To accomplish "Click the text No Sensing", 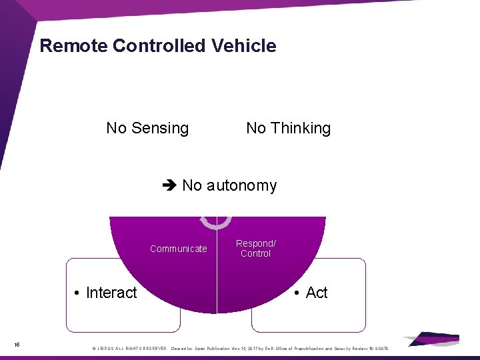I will (x=147, y=128).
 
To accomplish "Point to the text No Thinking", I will (x=288, y=128).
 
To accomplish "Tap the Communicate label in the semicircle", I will (x=178, y=249).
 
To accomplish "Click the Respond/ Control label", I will (x=255, y=249).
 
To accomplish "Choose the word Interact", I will (x=111, y=293).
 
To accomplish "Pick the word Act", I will (x=317, y=293).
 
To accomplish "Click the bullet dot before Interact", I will (x=78, y=293).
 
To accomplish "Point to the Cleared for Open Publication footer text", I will (x=200, y=349).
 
